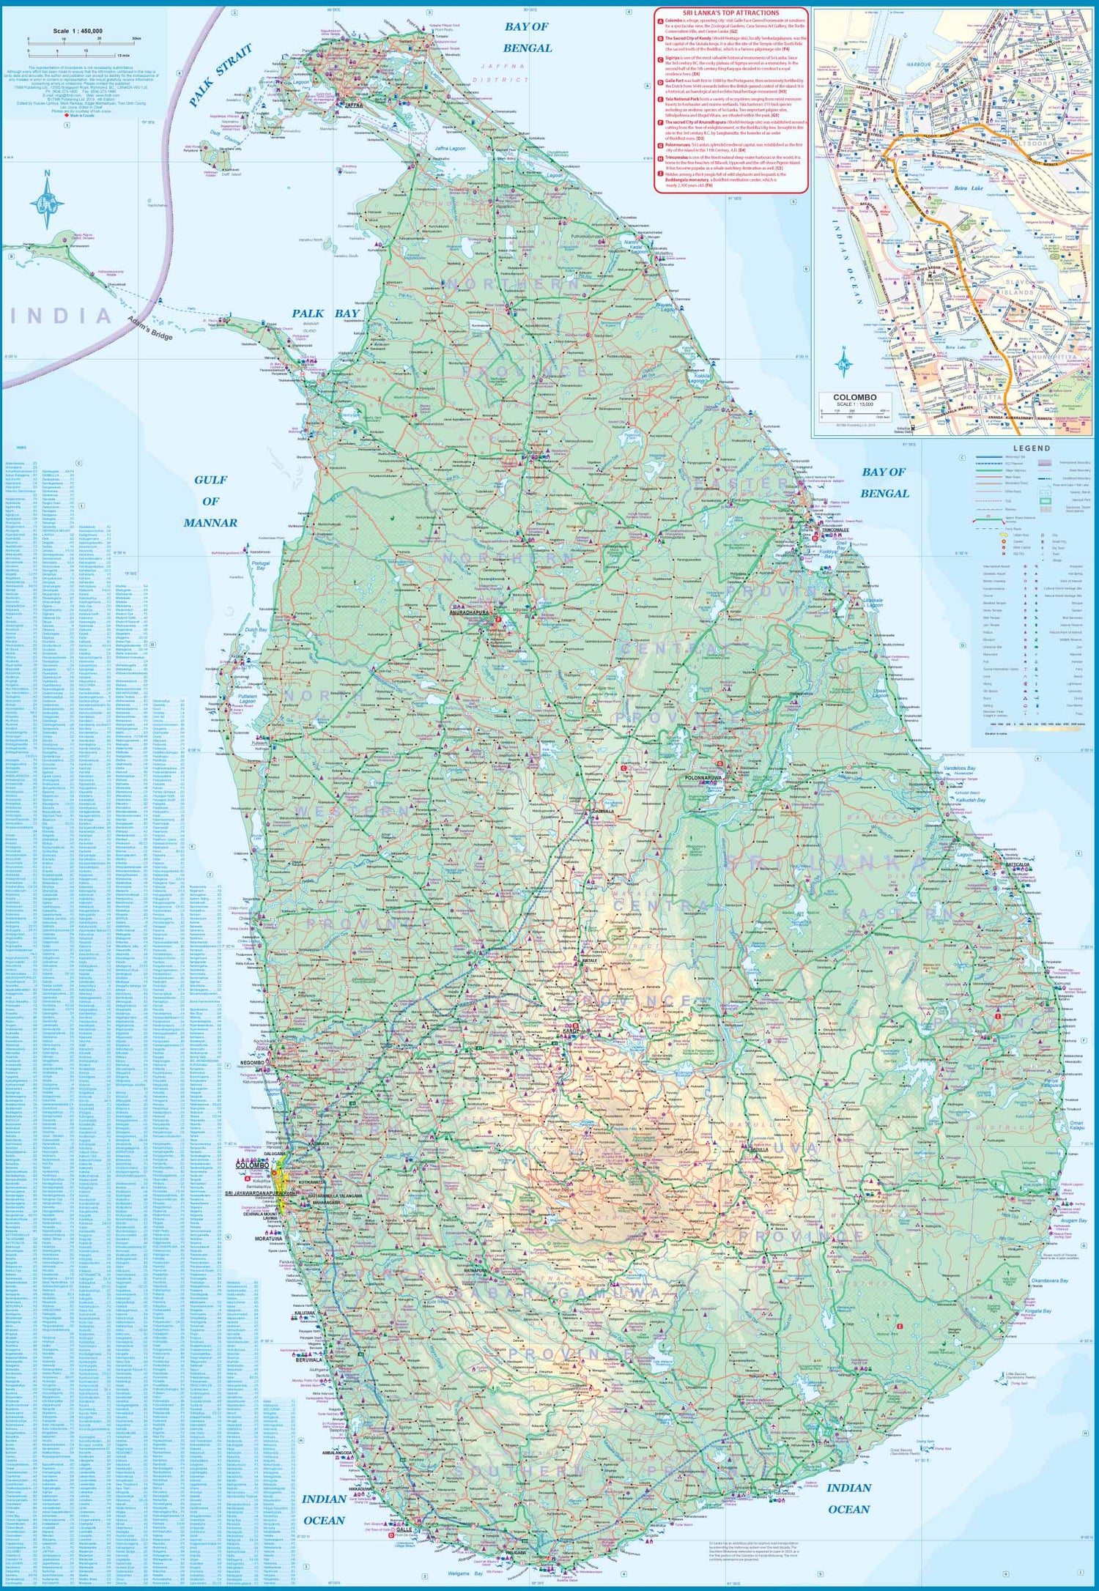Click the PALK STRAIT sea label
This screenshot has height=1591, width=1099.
click(x=220, y=75)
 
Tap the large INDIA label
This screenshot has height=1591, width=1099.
click(x=62, y=316)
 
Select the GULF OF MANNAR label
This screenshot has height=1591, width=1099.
click(x=210, y=501)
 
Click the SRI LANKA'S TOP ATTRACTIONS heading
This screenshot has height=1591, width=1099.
click(x=730, y=13)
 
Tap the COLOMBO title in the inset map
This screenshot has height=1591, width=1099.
click(x=854, y=397)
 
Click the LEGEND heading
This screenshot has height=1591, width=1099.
click(x=1032, y=448)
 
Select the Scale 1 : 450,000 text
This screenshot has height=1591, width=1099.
click(x=78, y=31)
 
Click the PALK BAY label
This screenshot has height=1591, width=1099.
click(x=325, y=314)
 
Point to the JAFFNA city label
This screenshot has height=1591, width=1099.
click(x=353, y=105)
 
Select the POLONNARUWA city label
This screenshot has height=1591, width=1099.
click(x=703, y=776)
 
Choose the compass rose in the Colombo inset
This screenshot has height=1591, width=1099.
click(x=843, y=361)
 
